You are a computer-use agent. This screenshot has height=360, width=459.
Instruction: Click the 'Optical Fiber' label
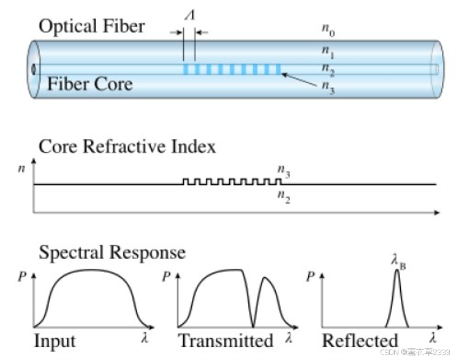[92, 26]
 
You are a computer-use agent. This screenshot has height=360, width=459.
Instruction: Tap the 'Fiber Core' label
[89, 83]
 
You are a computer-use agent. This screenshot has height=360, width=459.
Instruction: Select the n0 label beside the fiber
[328, 28]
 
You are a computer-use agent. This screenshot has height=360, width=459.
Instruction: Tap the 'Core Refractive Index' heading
[127, 147]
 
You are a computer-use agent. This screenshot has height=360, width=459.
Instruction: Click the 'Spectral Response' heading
[112, 252]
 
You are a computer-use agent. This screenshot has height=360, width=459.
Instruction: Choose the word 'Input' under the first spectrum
[55, 340]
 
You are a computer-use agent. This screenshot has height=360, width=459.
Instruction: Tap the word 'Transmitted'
[226, 340]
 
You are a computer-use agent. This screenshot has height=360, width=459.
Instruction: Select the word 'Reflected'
[359, 340]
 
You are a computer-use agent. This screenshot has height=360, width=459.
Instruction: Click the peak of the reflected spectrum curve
[397, 271]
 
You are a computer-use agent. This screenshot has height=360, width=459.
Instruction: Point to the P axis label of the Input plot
[23, 277]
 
